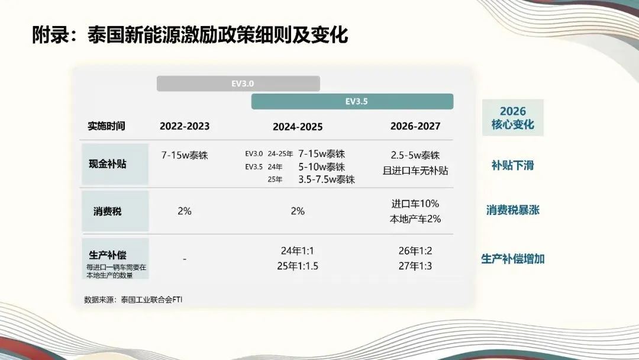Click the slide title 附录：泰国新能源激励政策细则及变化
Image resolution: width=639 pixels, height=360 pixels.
(x=190, y=35)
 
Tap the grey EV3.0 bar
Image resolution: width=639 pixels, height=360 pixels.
(x=238, y=83)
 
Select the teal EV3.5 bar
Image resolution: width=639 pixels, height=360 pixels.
(x=352, y=101)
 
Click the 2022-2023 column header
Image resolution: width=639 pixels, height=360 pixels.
(x=185, y=126)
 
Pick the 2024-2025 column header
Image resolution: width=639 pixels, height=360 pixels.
(x=298, y=127)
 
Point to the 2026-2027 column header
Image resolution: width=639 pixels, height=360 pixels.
(x=415, y=126)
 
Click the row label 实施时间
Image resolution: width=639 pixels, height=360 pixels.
(x=106, y=126)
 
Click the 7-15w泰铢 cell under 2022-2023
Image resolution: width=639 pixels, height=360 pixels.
(x=185, y=155)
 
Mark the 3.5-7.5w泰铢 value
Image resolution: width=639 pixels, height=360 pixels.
(x=326, y=179)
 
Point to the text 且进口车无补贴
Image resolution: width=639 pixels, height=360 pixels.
(x=415, y=171)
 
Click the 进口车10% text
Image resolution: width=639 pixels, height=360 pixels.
(x=415, y=204)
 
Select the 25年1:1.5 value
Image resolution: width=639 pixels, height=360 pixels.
(x=298, y=266)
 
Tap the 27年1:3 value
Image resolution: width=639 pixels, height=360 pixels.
(x=415, y=266)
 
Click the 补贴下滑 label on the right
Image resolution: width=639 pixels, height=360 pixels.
(x=512, y=165)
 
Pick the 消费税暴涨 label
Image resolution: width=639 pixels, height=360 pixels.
(x=512, y=210)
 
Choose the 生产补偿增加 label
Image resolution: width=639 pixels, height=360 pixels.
(x=512, y=259)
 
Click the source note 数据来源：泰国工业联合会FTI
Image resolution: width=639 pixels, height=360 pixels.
(x=134, y=299)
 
